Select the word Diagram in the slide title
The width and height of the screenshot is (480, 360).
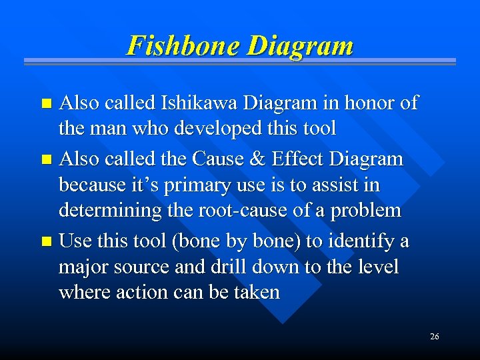(x=299, y=47)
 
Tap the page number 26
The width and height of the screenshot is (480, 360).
(x=434, y=337)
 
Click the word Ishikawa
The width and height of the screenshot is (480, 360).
(x=200, y=103)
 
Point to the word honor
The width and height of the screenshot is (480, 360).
(x=369, y=103)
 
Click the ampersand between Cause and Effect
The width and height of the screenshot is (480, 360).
(x=241, y=159)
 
